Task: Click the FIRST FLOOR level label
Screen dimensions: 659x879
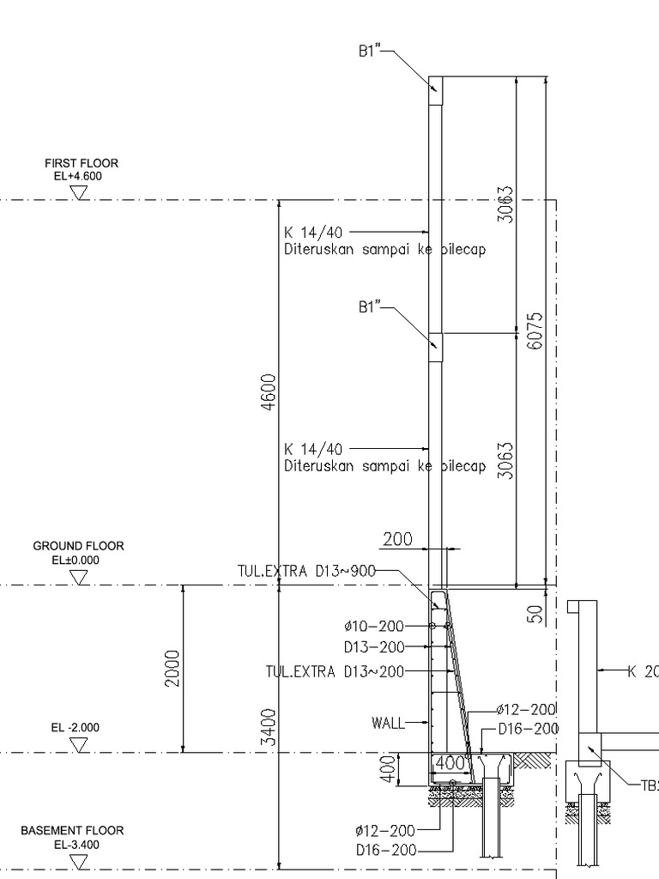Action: [82, 163]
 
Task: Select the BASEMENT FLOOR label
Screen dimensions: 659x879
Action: [72, 830]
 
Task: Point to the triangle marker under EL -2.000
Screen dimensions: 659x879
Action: [80, 745]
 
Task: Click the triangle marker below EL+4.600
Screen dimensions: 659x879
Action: [80, 193]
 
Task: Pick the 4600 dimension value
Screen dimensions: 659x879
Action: [269, 391]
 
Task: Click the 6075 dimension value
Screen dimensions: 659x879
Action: [535, 330]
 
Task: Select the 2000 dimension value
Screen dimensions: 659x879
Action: [172, 668]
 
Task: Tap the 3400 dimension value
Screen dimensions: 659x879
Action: [269, 727]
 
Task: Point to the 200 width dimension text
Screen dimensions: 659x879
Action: [397, 539]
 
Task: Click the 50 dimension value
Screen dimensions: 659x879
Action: [535, 614]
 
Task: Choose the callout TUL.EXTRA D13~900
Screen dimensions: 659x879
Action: [306, 571]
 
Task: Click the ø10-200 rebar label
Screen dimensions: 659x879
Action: [374, 626]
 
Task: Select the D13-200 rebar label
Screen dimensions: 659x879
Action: [374, 647]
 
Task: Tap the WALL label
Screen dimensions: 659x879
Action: [388, 723]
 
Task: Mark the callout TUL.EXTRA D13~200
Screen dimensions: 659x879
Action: [335, 671]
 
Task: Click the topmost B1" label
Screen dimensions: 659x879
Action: [369, 51]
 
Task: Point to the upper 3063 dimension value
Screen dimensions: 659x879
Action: [505, 204]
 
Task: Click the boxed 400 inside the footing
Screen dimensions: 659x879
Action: [450, 763]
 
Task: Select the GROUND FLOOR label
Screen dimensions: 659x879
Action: [78, 546]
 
